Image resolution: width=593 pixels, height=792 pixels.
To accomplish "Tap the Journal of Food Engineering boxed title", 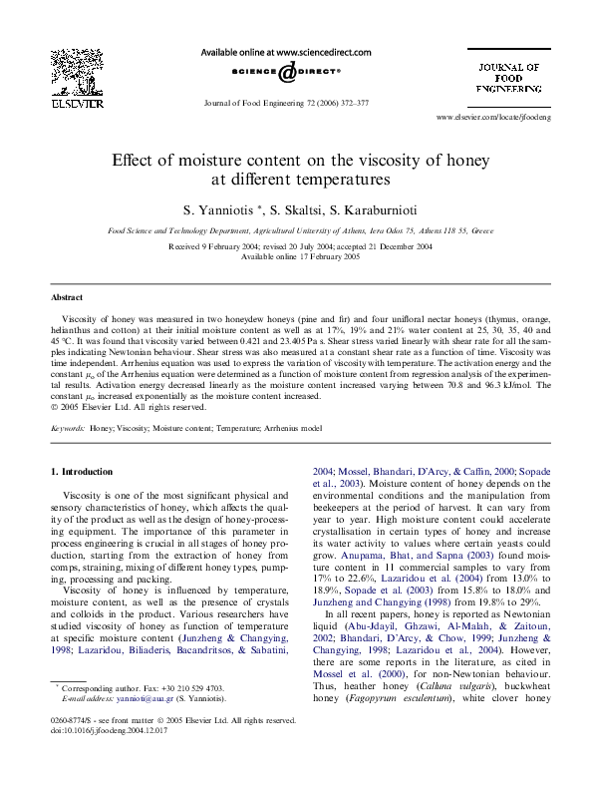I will coord(508,78).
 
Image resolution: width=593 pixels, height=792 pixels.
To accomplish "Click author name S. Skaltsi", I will coord(301,210).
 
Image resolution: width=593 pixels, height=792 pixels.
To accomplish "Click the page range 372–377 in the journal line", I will coord(356,103).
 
